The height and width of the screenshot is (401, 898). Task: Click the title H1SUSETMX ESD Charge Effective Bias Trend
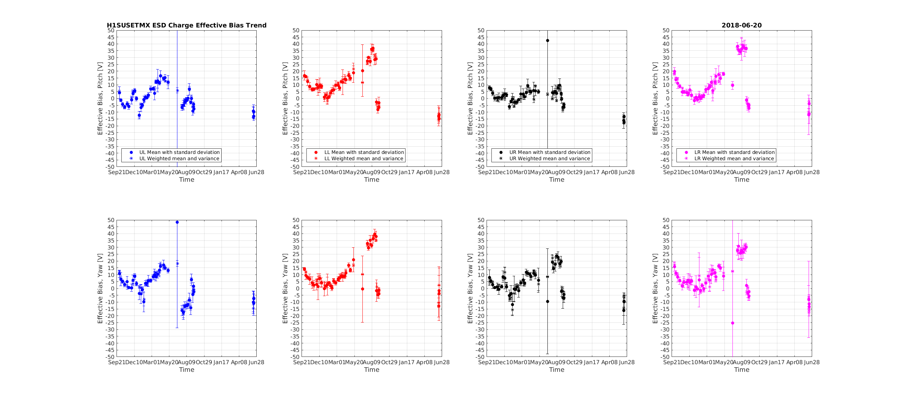coord(186,25)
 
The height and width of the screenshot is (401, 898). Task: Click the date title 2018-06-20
coord(741,25)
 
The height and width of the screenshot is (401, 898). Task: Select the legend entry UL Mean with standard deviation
coord(179,152)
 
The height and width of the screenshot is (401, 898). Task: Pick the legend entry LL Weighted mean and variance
coord(363,158)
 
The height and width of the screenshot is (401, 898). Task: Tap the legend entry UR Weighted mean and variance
coord(550,158)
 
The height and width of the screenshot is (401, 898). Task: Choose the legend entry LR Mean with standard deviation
coord(734,152)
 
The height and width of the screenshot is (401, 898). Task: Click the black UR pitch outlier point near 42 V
coord(547,41)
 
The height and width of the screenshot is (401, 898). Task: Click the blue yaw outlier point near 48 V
coord(177,222)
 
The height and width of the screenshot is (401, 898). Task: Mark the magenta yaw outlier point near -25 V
coord(732,323)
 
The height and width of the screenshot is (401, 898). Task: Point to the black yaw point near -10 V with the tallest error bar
coord(547,302)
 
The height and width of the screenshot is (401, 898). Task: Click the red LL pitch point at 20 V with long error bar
coord(362,71)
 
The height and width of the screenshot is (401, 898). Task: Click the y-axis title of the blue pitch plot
coord(100,98)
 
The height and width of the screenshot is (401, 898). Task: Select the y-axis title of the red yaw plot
coord(285,288)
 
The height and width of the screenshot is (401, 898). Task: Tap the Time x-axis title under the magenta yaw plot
coord(741,370)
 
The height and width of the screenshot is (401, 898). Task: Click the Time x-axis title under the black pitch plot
coord(556,180)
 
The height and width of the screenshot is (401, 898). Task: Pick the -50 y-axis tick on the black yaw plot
coord(480,357)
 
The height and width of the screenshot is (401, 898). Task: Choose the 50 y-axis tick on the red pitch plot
coord(296,30)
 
